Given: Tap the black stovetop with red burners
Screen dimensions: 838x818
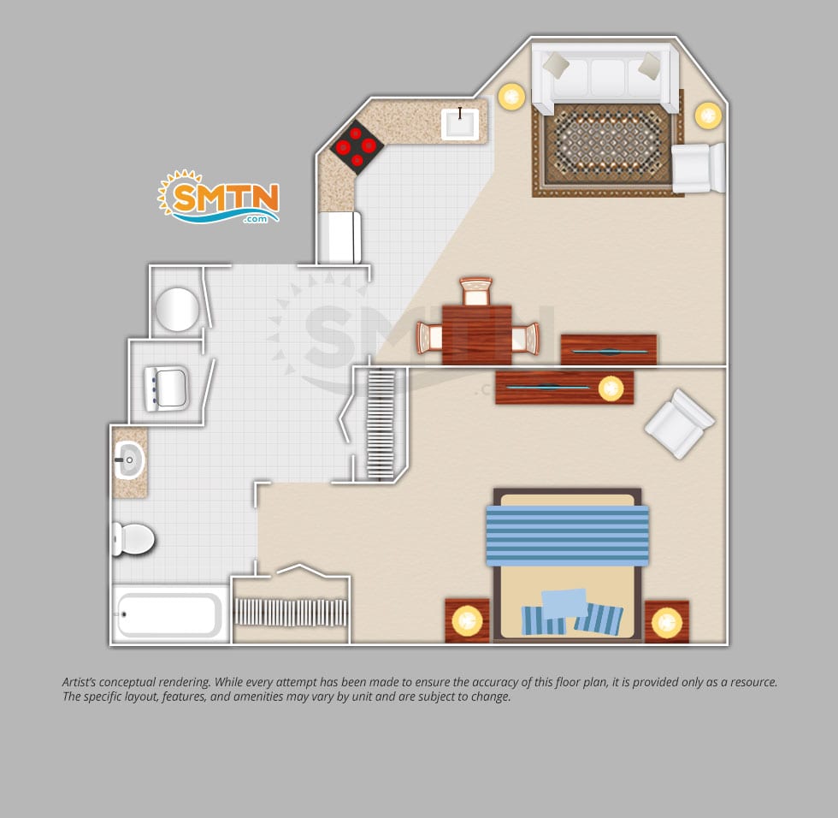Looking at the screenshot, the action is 356,146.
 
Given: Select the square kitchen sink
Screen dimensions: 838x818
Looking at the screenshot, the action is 460,123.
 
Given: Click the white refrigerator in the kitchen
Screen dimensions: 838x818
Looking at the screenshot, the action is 339,237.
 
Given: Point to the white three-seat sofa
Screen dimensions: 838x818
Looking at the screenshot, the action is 605,78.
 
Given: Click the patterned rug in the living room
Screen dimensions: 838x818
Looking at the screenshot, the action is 608,147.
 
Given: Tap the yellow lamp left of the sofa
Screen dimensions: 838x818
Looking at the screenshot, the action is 511,97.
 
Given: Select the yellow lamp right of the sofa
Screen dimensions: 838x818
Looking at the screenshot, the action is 708,116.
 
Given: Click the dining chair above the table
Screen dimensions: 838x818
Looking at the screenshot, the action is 475,291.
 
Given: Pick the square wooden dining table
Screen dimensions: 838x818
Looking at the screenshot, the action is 477,335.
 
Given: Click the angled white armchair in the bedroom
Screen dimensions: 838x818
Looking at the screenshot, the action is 679,424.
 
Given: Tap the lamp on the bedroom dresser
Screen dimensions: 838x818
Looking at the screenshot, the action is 611,388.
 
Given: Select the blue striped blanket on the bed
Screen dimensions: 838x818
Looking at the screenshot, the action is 567,535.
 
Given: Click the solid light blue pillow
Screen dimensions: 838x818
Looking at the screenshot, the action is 564,604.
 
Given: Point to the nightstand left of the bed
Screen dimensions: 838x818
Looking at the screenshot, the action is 467,620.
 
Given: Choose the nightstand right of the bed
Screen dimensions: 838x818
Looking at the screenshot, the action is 666,622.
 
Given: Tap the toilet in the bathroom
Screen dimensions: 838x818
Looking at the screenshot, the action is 133,539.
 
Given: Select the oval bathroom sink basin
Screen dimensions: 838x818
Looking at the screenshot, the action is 129,459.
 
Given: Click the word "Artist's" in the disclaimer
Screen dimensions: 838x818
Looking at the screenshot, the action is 79,682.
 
